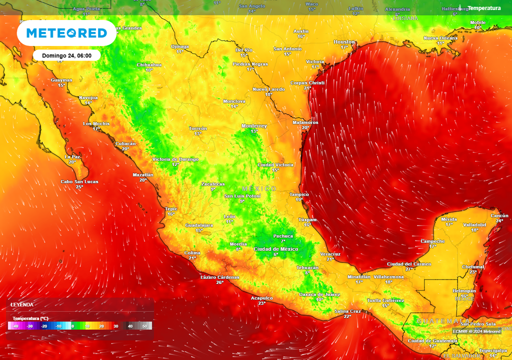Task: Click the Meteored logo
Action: pos(66,33)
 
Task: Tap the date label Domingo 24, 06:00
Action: pos(66,55)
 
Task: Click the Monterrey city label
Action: pos(254,126)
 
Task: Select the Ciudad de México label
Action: pos(276,249)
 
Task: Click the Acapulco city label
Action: pos(261,297)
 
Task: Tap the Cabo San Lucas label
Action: pos(79,181)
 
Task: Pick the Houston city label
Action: pos(344,42)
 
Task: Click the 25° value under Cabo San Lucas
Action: pos(79,187)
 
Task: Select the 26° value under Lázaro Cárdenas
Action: pos(219,282)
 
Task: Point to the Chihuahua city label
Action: pos(149,64)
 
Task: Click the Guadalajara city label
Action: pos(199,225)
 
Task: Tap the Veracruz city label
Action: pos(330,254)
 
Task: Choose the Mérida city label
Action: pos(449,219)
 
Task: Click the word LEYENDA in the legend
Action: pos(22,304)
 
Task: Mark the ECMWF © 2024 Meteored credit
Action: pos(477,331)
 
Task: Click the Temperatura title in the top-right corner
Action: pos(483,8)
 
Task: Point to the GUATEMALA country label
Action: pos(443,320)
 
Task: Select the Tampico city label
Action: pos(299,194)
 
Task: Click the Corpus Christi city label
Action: pos(307,82)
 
